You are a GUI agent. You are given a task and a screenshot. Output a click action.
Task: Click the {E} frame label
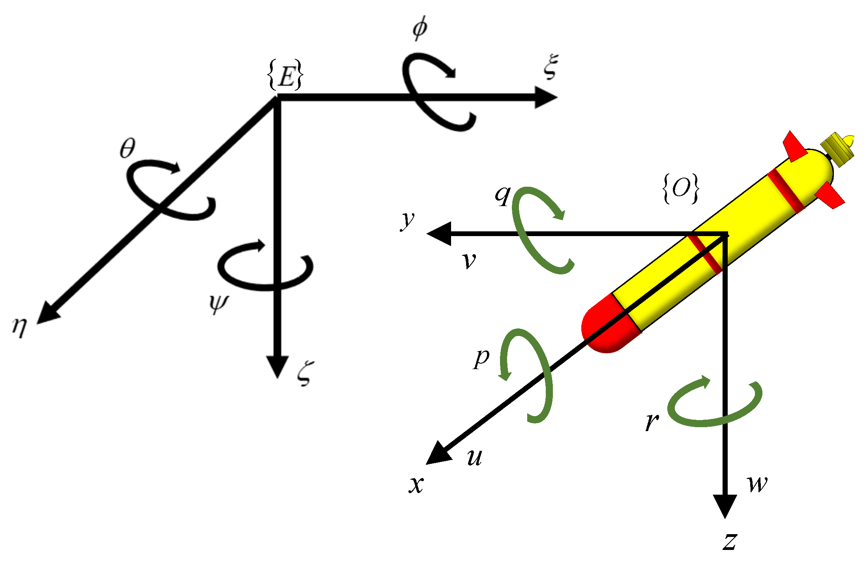[x=285, y=75]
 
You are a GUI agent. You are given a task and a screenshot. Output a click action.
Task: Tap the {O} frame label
[x=681, y=189]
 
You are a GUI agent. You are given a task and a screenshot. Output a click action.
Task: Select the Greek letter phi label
[x=419, y=28]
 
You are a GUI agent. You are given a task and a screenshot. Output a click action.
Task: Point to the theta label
[x=127, y=148]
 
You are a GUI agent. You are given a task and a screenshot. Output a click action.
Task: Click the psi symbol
[x=218, y=304]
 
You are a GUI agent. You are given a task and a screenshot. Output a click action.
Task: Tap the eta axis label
[x=20, y=326]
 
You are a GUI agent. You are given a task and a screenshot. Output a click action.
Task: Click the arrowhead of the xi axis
[x=547, y=97]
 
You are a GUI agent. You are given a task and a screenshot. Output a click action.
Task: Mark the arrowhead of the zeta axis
[x=277, y=367]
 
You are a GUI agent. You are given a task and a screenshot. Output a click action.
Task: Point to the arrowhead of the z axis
[x=725, y=506]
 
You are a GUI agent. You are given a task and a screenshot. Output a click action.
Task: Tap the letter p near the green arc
[x=481, y=358]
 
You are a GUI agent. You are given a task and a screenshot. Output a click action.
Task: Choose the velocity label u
[x=474, y=458]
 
